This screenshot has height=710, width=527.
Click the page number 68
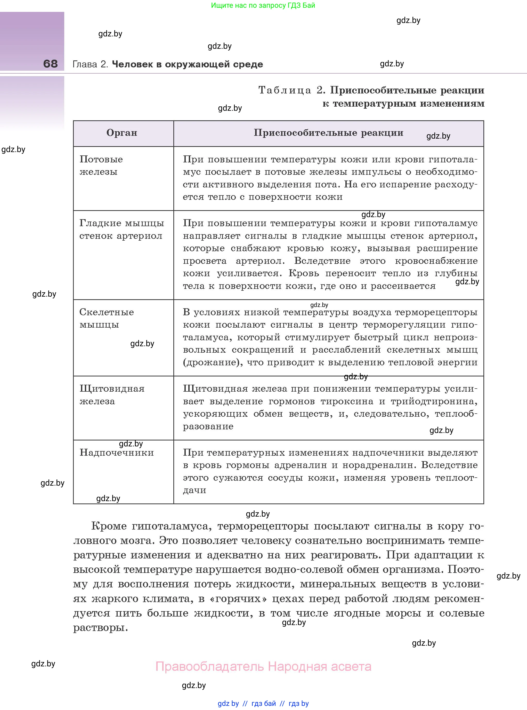point(50,64)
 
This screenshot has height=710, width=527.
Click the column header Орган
point(121,133)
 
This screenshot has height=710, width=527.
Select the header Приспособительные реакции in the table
point(328,133)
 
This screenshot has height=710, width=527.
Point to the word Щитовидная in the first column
point(112,389)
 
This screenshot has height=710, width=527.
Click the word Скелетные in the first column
point(106,312)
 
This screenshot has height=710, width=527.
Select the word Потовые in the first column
point(101,159)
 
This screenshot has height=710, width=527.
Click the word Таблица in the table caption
point(284,90)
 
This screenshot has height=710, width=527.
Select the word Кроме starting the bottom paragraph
point(109,526)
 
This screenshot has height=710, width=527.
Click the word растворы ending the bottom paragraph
point(100,628)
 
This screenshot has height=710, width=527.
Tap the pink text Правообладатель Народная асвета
point(263,667)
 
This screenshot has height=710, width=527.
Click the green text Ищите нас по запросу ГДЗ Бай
point(263,5)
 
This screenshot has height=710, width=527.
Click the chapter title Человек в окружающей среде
point(187,64)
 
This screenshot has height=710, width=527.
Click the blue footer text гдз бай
point(264,703)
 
